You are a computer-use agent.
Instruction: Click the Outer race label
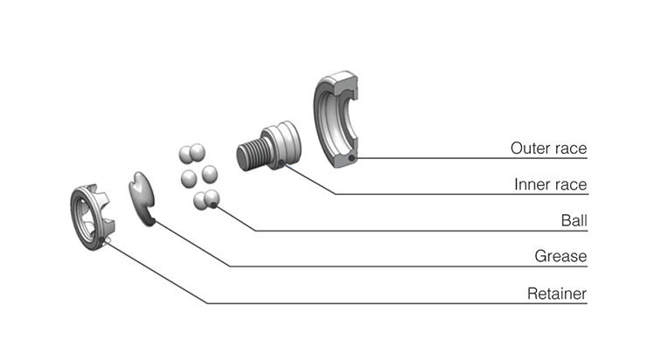548,149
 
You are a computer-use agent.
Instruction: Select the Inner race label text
550,184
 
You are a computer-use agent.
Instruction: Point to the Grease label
560,257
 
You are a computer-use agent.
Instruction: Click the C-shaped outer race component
337,122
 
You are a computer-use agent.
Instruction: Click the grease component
143,197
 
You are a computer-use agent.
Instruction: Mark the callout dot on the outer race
351,158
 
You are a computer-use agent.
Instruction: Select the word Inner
531,184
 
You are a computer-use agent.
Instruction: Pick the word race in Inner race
569,184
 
